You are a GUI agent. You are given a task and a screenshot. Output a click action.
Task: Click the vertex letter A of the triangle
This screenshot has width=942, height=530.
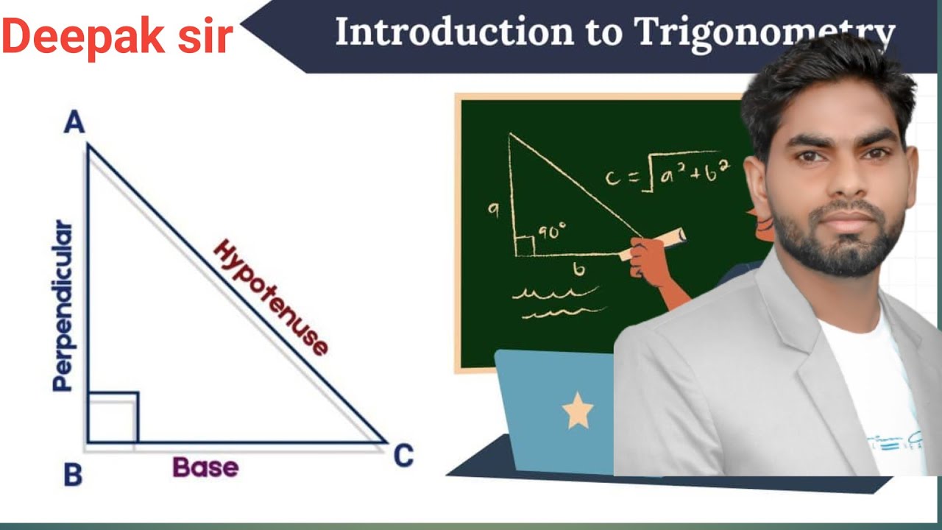coord(74,121)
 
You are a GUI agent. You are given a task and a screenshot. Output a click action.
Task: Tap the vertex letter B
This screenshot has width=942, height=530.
coord(72,475)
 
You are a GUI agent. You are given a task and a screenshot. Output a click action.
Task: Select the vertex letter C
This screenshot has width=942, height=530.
coord(403,456)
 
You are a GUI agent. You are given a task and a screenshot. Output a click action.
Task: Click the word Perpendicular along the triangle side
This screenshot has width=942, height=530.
coord(64,305)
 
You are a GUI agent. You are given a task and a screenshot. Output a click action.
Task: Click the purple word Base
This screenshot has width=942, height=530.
coord(205,467)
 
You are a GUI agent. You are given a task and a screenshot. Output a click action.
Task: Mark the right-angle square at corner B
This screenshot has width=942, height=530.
coord(112,417)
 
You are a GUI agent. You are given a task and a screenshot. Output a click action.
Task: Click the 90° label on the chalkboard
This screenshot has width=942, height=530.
coord(552,233)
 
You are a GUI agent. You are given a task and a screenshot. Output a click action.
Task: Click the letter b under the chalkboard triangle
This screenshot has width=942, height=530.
coord(580,270)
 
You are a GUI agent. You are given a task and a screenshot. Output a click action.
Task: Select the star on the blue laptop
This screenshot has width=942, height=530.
coord(578,411)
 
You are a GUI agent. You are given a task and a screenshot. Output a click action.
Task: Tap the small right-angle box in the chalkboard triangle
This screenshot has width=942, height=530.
coord(525,247)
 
